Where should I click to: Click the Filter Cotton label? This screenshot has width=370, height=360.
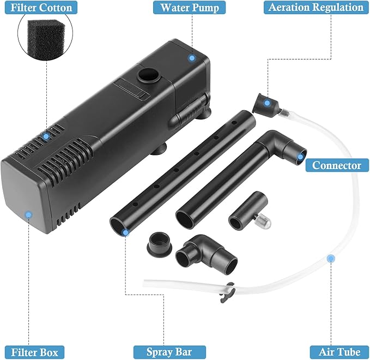[x=41, y=8]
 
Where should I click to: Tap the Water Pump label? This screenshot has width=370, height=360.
[x=190, y=8]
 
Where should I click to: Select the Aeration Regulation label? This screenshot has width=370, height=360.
[x=316, y=7]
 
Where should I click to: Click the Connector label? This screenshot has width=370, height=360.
[x=337, y=165]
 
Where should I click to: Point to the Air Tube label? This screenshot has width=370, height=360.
[x=339, y=352]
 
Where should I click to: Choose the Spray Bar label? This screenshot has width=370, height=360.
[x=169, y=352]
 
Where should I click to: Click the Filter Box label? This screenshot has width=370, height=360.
[x=34, y=352]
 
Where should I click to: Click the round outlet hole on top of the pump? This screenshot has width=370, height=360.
[x=149, y=75]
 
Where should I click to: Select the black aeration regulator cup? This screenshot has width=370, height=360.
[x=265, y=105]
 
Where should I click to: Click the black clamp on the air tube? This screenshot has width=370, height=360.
[x=227, y=292]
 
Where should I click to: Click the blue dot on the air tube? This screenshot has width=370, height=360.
[x=331, y=259]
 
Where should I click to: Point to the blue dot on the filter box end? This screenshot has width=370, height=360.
[x=29, y=215]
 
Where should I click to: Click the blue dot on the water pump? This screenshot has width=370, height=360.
[x=192, y=58]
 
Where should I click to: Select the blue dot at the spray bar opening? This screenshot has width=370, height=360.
[x=125, y=232]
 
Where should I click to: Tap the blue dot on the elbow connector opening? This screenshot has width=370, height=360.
[x=300, y=157]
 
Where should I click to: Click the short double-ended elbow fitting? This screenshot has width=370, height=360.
[x=206, y=254]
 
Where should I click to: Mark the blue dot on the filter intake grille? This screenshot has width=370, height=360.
[x=46, y=136]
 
